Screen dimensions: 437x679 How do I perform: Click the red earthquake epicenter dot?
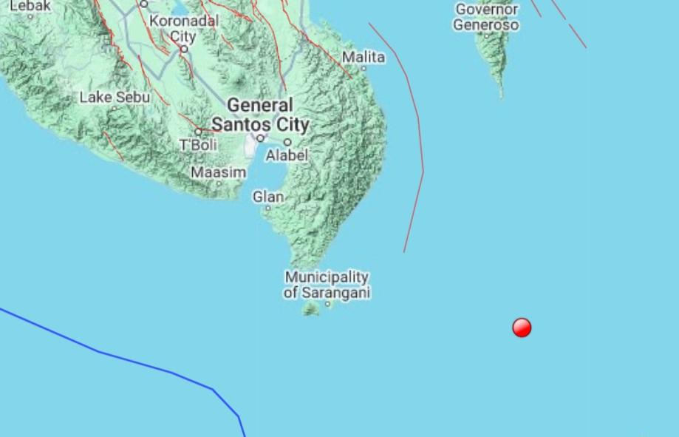(x=522, y=327)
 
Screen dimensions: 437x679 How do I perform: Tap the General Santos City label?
(x=260, y=115)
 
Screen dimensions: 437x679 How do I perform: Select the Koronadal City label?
(x=184, y=28)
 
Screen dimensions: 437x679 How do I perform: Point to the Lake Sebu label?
(x=115, y=97)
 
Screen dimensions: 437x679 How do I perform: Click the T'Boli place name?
(x=199, y=146)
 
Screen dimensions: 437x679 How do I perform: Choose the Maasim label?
(x=219, y=172)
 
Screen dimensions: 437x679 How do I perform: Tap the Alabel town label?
(x=287, y=155)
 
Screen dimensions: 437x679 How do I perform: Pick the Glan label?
(x=267, y=197)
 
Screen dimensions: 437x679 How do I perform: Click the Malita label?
(x=364, y=57)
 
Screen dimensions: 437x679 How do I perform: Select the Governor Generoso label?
(x=487, y=17)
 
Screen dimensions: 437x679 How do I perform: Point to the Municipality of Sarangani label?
(x=327, y=285)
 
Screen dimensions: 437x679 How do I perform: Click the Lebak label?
(x=30, y=6)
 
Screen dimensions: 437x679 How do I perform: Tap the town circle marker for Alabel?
(x=287, y=142)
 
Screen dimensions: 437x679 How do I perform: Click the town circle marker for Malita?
(x=364, y=69)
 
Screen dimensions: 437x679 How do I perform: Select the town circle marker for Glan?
(x=268, y=209)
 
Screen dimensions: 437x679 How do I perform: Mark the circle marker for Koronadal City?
(x=184, y=49)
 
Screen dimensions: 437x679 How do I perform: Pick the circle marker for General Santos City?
(x=260, y=138)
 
